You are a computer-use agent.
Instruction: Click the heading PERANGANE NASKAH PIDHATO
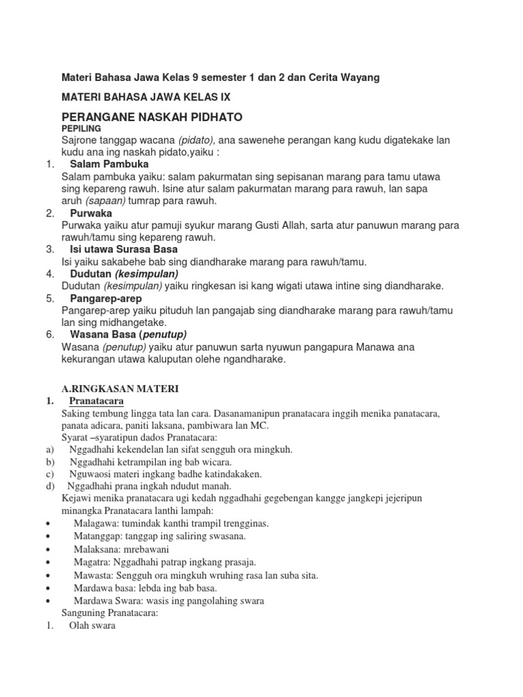(x=152, y=116)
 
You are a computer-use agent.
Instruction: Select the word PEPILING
(x=81, y=128)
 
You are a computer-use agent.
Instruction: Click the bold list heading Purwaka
(x=91, y=213)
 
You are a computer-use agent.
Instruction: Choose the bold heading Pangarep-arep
(x=106, y=298)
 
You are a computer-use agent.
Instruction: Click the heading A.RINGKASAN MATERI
(x=120, y=389)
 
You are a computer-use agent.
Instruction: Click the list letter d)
(x=50, y=485)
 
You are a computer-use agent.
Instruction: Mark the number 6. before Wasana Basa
(x=50, y=334)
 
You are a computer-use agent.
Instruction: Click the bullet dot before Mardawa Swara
(x=49, y=601)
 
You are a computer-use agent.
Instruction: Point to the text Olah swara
(x=92, y=626)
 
